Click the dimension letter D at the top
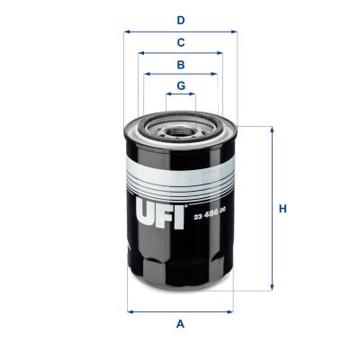coord(181,19)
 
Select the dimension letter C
coord(181,42)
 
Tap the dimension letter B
coord(181,65)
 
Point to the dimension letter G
coord(181,86)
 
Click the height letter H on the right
coord(283,209)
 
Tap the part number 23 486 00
coord(211,213)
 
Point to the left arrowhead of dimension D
coord(126,31)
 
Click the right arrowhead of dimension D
coord(235,31)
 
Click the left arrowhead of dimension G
coord(167,96)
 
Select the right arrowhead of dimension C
coord(221,53)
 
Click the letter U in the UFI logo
coord(147,212)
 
